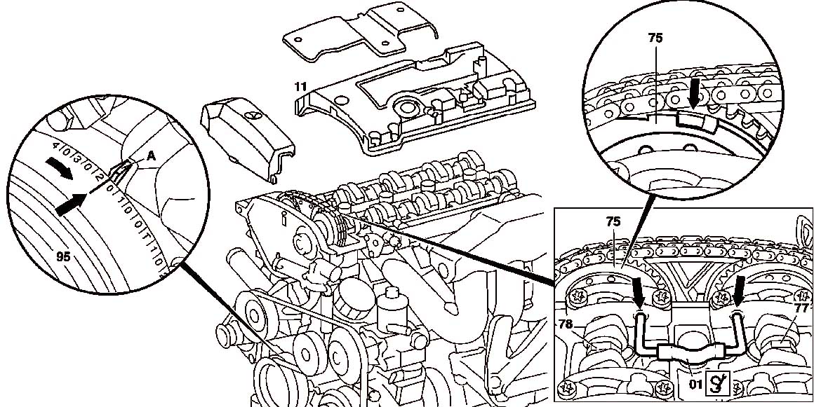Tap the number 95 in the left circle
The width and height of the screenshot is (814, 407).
click(x=63, y=257)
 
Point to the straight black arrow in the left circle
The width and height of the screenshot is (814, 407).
click(x=72, y=202)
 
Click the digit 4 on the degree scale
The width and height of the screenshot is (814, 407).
click(x=54, y=146)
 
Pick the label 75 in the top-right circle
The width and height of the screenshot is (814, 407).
click(x=656, y=38)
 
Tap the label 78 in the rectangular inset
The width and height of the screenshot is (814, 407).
click(x=567, y=325)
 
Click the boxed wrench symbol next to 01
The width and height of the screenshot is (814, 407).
click(x=719, y=382)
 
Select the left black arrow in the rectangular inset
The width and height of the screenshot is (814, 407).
click(x=639, y=293)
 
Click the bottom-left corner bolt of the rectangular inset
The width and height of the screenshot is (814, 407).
click(x=568, y=386)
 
